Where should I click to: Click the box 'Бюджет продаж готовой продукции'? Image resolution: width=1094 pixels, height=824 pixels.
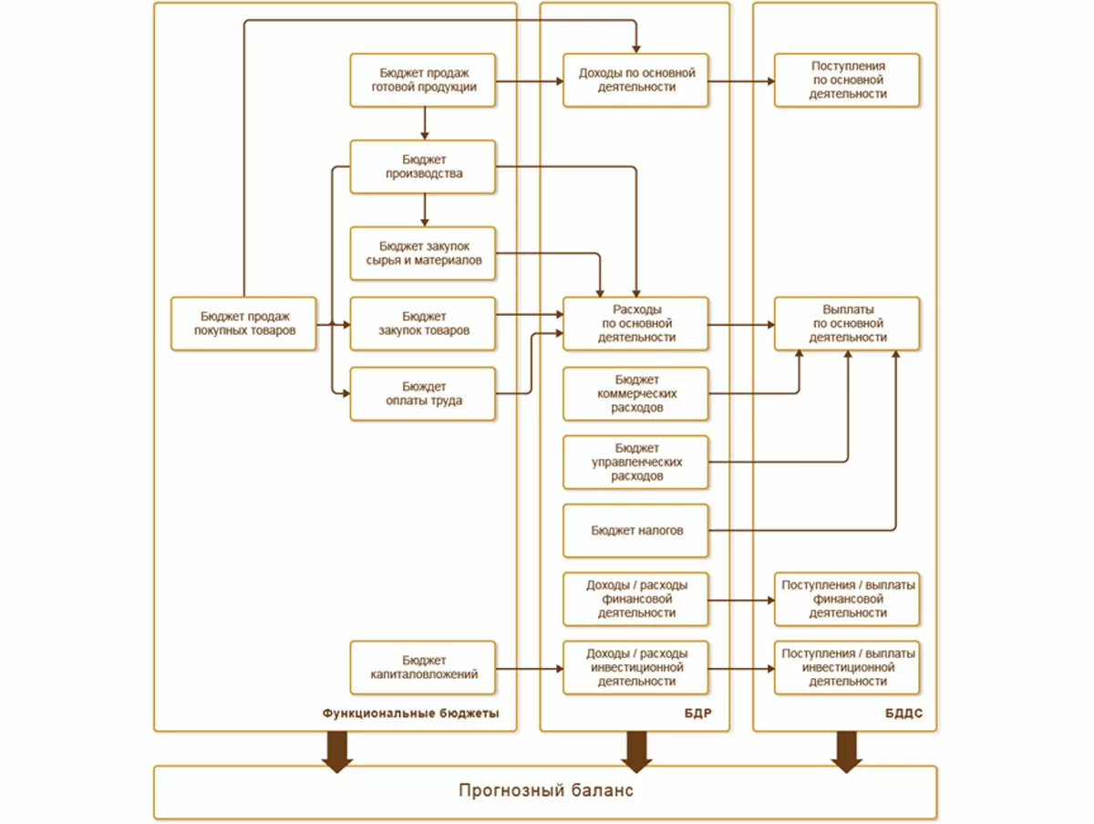(423, 79)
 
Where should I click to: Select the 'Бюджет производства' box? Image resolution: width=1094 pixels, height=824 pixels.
(423, 166)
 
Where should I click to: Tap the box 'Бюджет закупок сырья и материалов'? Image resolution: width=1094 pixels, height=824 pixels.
(423, 253)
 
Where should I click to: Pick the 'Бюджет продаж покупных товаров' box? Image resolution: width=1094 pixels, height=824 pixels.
(244, 323)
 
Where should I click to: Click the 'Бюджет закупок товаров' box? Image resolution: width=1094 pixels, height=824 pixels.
(423, 323)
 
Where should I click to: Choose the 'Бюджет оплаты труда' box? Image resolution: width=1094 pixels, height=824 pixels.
(423, 393)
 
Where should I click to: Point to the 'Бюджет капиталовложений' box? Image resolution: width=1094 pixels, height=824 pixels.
(423, 667)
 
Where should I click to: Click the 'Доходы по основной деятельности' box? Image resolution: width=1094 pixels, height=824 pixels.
(635, 79)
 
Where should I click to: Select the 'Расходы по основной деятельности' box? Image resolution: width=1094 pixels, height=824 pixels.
(635, 323)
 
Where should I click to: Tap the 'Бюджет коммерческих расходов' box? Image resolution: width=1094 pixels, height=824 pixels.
(635, 393)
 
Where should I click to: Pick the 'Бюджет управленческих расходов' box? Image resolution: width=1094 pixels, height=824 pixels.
(635, 462)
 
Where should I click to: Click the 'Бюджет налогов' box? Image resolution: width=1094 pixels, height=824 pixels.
(635, 530)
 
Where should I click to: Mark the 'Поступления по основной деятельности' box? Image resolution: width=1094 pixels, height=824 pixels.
(847, 79)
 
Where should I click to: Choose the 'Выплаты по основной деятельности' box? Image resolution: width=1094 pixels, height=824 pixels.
(847, 323)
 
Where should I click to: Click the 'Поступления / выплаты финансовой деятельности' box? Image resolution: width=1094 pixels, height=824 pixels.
(847, 599)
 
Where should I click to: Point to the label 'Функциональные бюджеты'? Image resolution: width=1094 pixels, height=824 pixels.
(410, 714)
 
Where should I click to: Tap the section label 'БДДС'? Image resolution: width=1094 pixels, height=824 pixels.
(903, 714)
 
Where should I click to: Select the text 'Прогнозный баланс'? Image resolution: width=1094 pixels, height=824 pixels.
(545, 791)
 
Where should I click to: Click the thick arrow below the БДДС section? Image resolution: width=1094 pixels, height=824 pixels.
(847, 751)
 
